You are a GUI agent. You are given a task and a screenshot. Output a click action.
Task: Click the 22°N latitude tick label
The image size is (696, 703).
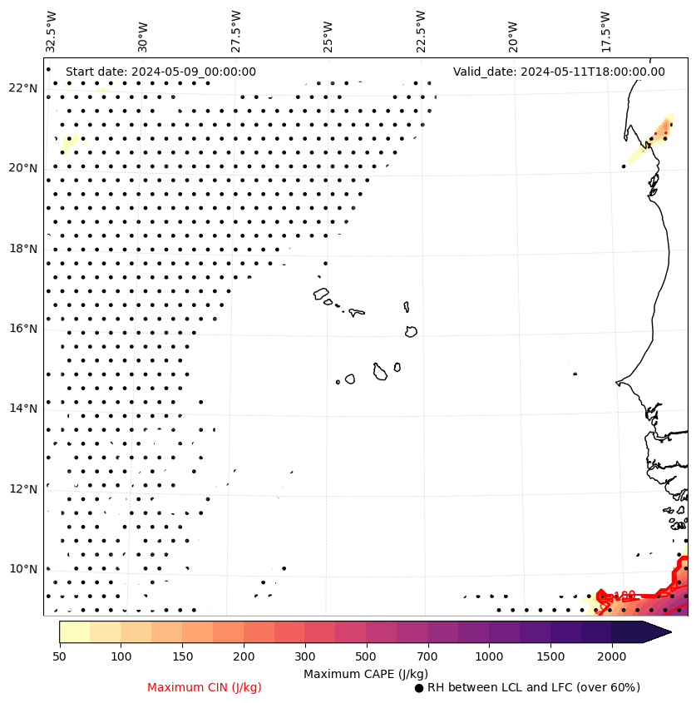(x=22, y=88)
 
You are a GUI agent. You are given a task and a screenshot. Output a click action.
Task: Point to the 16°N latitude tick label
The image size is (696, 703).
(x=22, y=329)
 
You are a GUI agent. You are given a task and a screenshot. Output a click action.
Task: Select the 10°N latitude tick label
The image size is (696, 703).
(x=22, y=569)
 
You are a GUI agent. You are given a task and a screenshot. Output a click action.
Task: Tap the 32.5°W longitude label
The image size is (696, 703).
(x=52, y=31)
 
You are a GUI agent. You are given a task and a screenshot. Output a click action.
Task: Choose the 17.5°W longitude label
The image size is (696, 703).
(x=605, y=31)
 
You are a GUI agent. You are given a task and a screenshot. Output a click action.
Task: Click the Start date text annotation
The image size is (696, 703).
(x=160, y=72)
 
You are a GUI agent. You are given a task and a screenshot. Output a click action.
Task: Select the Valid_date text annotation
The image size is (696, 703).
(x=559, y=72)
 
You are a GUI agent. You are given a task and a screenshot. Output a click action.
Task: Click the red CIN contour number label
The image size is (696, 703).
(x=624, y=595)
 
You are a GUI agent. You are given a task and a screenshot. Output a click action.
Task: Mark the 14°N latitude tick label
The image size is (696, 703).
(x=22, y=408)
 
